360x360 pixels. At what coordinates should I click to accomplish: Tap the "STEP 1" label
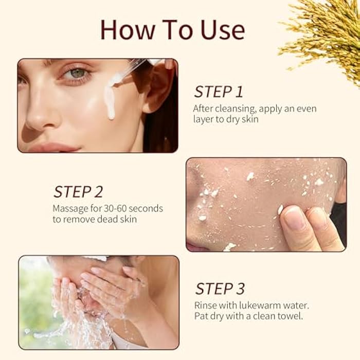tap(218, 92)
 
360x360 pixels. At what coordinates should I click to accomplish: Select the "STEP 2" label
tap(78, 192)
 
